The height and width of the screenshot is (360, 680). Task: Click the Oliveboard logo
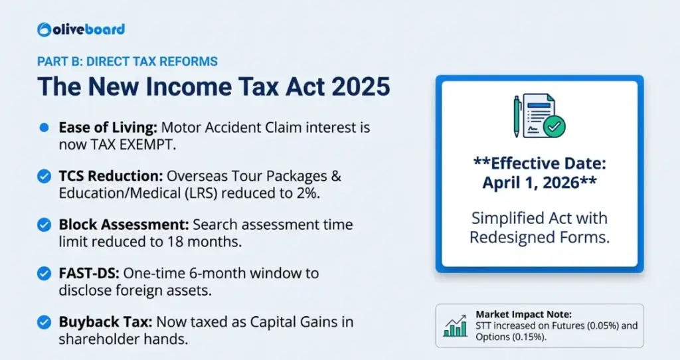(x=81, y=29)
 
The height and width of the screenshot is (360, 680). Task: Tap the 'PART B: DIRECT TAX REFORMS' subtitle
(x=127, y=62)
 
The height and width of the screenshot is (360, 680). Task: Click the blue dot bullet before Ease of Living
(x=44, y=127)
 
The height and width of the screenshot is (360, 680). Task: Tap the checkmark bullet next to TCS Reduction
(x=44, y=176)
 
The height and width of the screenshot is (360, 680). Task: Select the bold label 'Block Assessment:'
(x=113, y=225)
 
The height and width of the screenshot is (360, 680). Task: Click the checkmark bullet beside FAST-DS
(x=44, y=274)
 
